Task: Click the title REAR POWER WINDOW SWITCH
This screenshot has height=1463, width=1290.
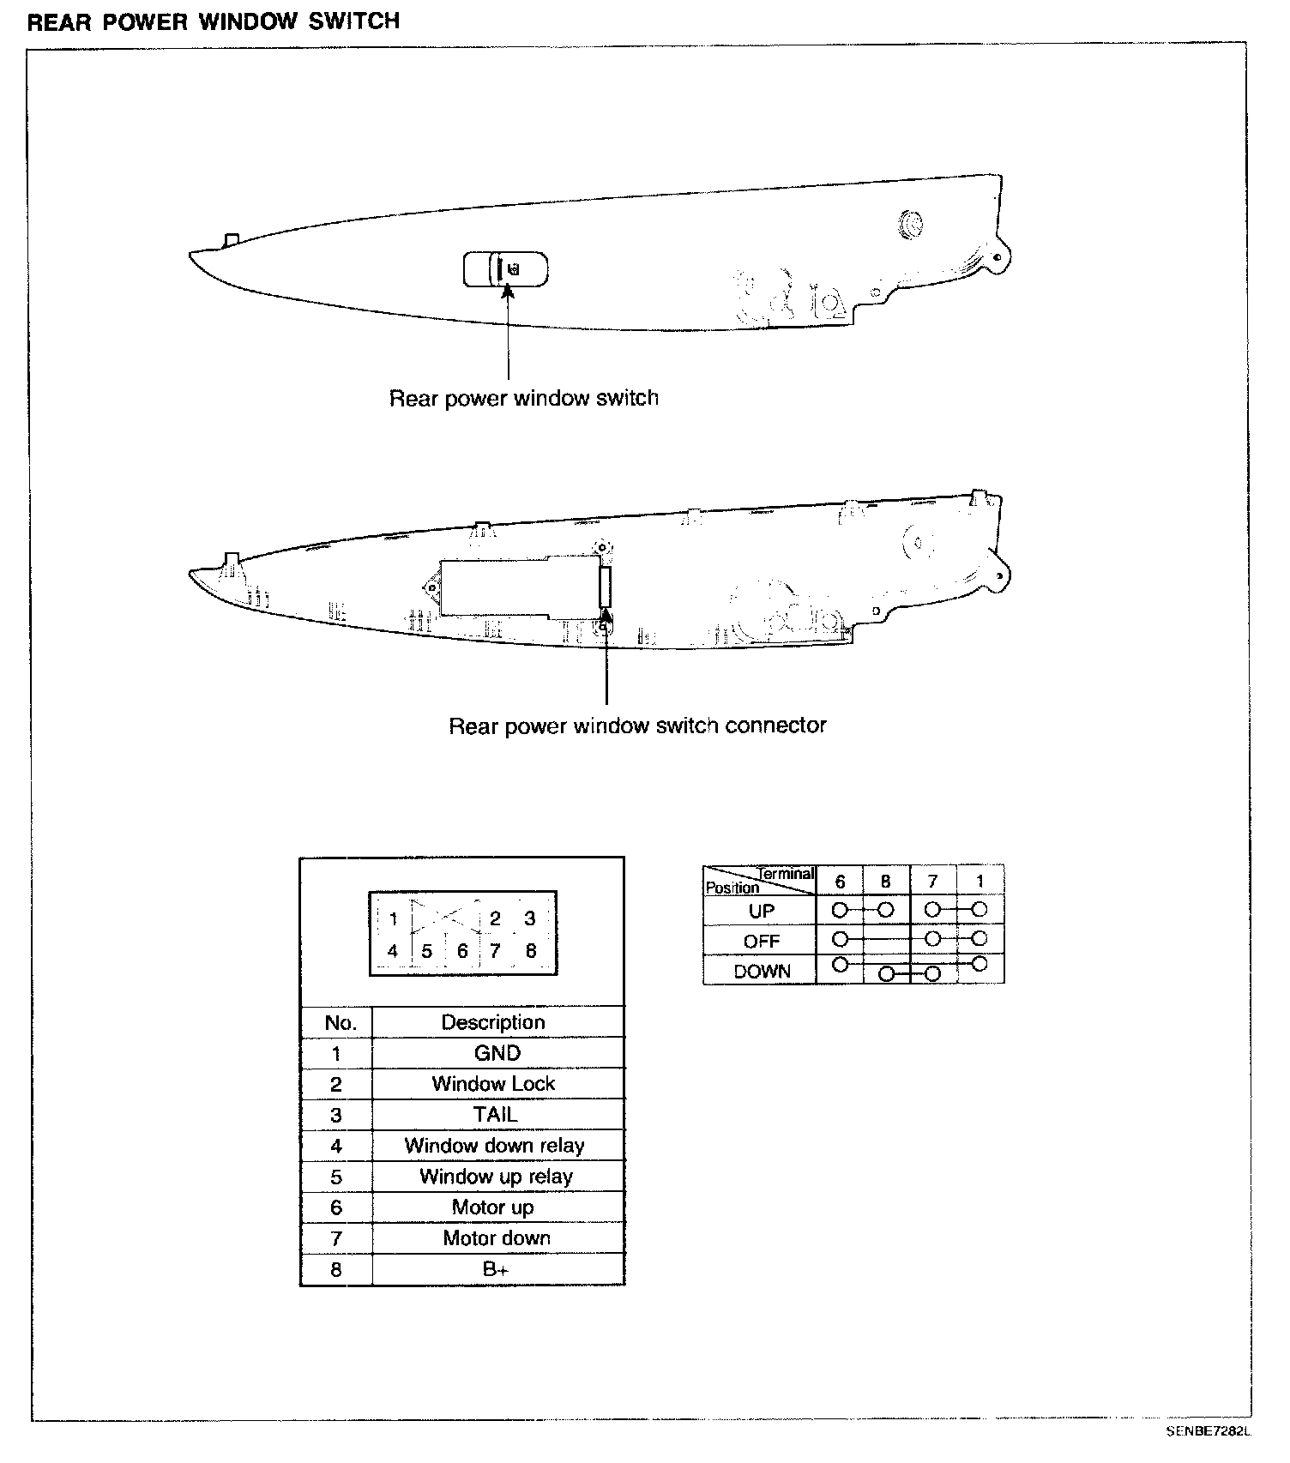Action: [214, 21]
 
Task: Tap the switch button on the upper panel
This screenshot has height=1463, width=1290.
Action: [505, 269]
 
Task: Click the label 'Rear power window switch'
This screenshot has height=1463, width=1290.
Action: [523, 398]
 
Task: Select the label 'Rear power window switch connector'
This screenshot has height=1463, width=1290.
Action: [637, 725]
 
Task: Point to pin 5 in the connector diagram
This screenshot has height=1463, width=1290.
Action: [427, 951]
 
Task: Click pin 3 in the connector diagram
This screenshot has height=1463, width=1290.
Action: [530, 918]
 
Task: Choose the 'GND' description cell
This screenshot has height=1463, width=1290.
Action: [497, 1053]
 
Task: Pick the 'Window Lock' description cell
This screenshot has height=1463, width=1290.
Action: [494, 1084]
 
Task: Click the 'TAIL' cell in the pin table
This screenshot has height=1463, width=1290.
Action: [496, 1115]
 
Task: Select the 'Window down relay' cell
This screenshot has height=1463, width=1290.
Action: [495, 1146]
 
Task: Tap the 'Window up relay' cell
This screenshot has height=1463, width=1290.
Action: [496, 1177]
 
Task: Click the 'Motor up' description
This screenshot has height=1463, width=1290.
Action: [493, 1207]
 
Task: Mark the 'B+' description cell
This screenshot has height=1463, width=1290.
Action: [496, 1269]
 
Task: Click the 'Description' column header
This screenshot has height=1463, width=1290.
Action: [493, 1022]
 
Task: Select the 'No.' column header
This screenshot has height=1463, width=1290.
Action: [340, 1022]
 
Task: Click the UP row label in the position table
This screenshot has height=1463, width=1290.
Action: [762, 911]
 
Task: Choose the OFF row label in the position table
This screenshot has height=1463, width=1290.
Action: [762, 942]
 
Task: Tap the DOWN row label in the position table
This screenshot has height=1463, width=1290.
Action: [762, 972]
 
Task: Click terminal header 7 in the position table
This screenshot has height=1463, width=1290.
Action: [932, 882]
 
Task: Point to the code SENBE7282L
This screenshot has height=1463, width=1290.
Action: [1209, 1431]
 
